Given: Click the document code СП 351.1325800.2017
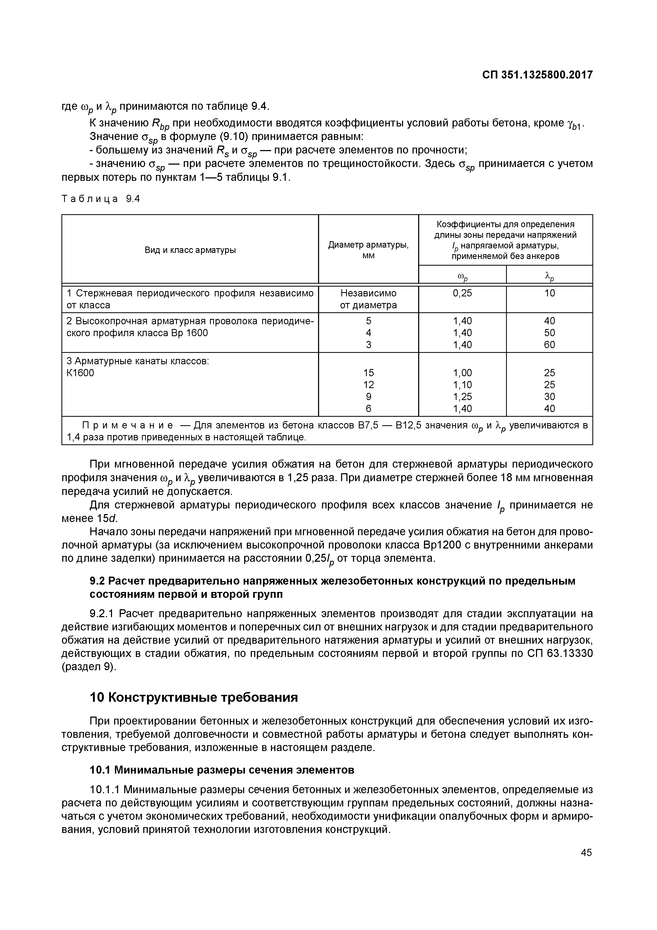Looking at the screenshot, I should point(537,75).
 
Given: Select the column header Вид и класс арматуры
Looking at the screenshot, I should point(190,250).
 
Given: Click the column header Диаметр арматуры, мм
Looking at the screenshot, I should point(368,250).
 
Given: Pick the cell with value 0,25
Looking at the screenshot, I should point(462,293).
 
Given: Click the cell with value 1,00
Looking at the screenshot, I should point(462,373).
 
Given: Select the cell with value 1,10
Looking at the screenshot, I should point(462,384).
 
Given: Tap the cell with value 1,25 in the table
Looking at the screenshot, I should point(462,397).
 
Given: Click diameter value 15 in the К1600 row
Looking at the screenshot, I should point(368,373).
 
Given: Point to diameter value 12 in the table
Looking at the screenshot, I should point(368,384).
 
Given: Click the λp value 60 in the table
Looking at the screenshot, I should point(549,345).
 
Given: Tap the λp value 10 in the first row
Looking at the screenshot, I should point(549,293).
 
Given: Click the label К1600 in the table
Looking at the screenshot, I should point(80,373).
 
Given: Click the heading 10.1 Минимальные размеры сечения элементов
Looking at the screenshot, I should point(222,770).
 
